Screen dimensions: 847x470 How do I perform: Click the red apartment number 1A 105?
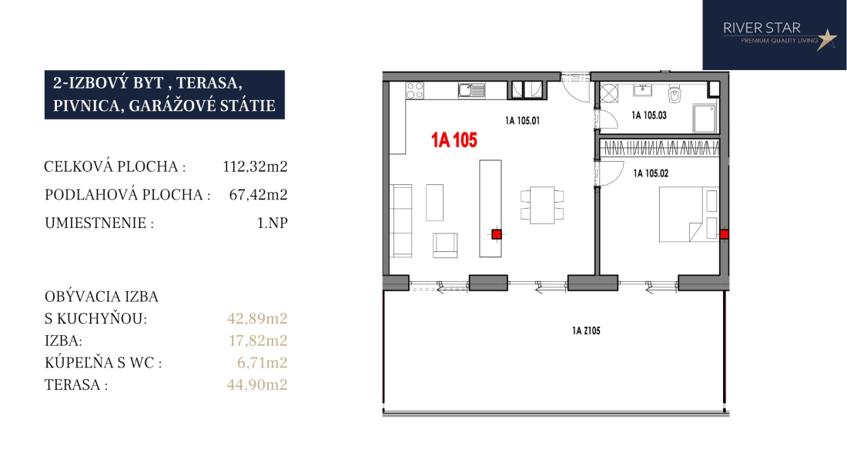(x=454, y=140)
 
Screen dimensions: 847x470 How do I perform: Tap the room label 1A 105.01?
(x=522, y=120)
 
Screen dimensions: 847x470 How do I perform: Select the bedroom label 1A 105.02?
(x=651, y=173)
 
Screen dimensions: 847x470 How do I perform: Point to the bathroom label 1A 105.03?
(x=649, y=115)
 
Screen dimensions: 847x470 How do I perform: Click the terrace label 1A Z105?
(x=586, y=331)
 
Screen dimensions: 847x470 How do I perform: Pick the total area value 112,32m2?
(x=255, y=166)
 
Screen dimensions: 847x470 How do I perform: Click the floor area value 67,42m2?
(x=258, y=194)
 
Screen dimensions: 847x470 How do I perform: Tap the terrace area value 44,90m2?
(x=257, y=384)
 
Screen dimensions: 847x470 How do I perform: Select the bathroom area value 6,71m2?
(x=262, y=362)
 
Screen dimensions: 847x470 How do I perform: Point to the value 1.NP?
(x=273, y=223)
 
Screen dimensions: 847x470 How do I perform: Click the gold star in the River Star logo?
(x=826, y=39)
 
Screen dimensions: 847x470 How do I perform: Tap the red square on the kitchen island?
(x=497, y=234)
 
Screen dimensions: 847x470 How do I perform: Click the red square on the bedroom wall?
(x=724, y=234)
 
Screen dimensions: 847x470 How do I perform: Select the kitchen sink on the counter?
(x=471, y=90)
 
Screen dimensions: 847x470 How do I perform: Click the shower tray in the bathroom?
(x=705, y=119)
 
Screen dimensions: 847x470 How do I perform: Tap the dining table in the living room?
(x=542, y=205)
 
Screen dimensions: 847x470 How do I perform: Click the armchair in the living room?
(x=445, y=245)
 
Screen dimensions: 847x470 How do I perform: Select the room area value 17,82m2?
(x=258, y=341)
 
